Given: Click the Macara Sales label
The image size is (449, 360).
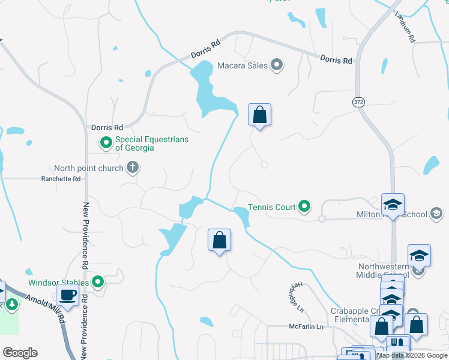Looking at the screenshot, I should pos(241,65).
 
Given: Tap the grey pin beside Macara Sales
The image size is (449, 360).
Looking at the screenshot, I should pos(277,65).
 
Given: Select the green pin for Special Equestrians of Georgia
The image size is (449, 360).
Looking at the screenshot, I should pos(106,143).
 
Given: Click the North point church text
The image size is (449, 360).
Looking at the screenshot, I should pos(88,168).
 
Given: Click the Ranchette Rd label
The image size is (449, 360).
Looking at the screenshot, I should pos(61,179).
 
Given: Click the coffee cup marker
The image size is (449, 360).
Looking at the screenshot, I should pos(67,295).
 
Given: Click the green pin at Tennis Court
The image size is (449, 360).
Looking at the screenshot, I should pos(305,207).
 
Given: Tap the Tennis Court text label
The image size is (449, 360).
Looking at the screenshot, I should pos(272,207).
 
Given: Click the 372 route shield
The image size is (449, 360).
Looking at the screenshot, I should pos(358,102).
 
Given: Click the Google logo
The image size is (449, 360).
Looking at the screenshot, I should pos(20,352).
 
